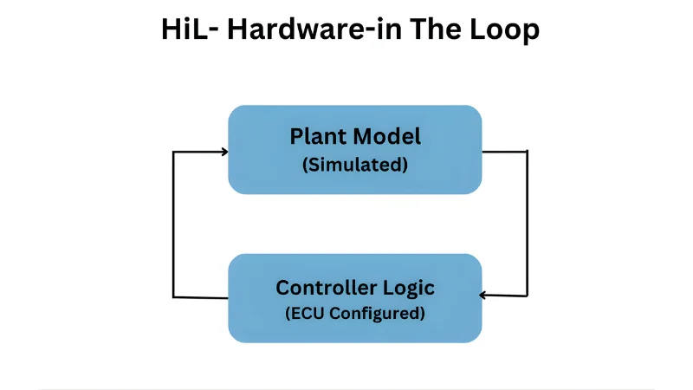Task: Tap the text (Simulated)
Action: coord(355,165)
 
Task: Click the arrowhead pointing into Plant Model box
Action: coord(224,152)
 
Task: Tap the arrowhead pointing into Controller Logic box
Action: coord(484,296)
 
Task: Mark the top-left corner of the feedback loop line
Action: coord(174,153)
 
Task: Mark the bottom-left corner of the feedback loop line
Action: coord(174,297)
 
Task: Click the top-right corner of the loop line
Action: coord(527,153)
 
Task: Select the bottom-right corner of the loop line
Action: coord(527,296)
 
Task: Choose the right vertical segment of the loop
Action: coord(527,224)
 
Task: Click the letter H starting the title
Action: coord(172,29)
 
